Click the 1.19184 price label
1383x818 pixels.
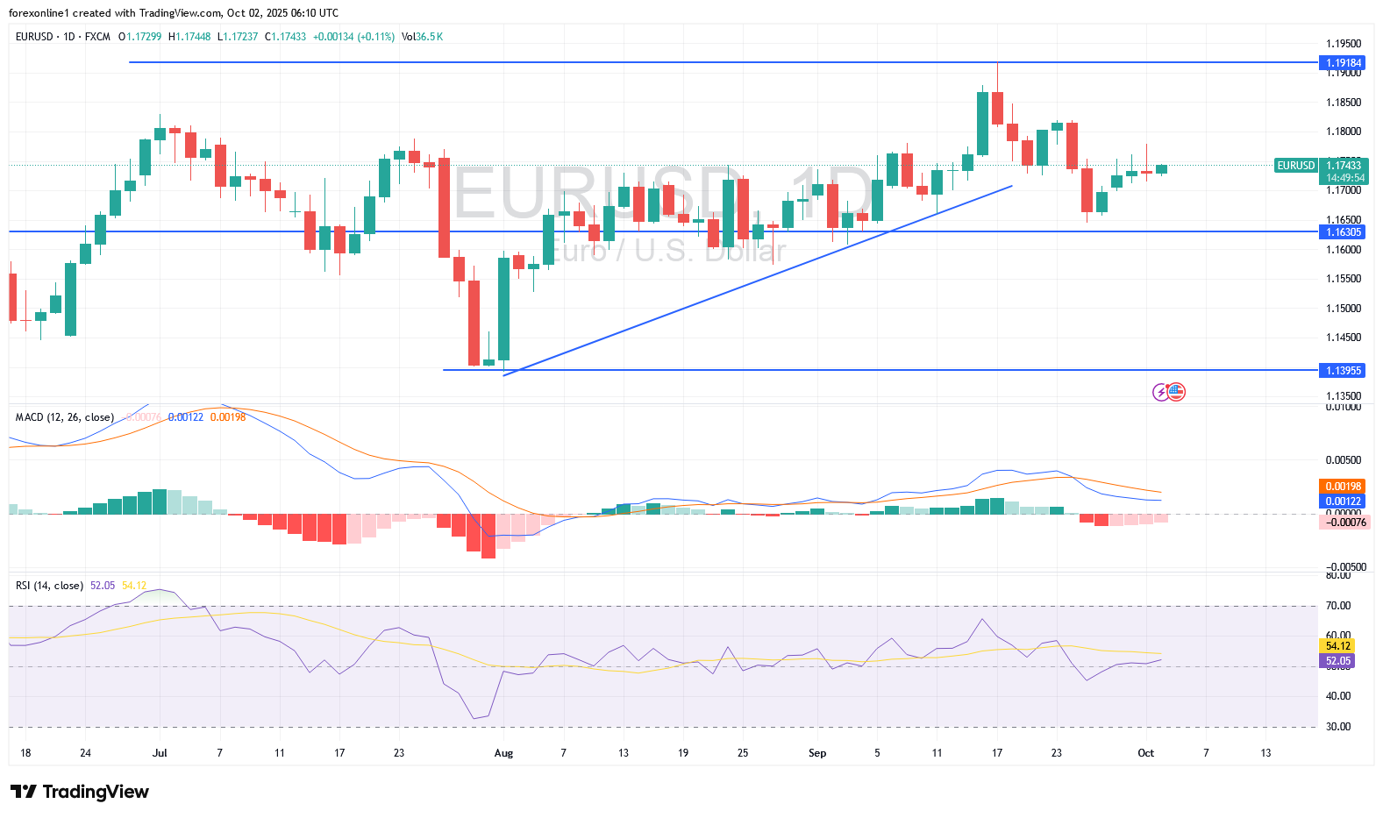[x=1343, y=63]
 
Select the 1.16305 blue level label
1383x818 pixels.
[x=1343, y=232]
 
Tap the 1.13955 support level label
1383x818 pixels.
[x=1343, y=371]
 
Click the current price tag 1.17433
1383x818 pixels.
[x=1344, y=165]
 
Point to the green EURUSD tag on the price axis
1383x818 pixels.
[x=1295, y=166]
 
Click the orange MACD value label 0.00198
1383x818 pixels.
[x=1343, y=487]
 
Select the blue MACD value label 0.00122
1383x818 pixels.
[x=1343, y=501]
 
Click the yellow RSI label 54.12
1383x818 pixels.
[x=1337, y=646]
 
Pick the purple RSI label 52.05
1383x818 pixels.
[x=1337, y=661]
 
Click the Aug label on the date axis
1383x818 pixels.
[x=503, y=753]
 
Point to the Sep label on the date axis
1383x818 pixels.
[x=817, y=753]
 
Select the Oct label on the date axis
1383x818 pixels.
[x=1145, y=753]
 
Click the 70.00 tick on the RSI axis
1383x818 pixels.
[x=1337, y=606]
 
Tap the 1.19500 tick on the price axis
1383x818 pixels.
[x=1343, y=44]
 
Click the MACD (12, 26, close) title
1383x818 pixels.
[x=64, y=417]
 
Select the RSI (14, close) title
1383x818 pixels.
[x=49, y=586]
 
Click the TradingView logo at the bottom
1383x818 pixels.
[x=80, y=792]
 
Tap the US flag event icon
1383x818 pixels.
[x=1176, y=392]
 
